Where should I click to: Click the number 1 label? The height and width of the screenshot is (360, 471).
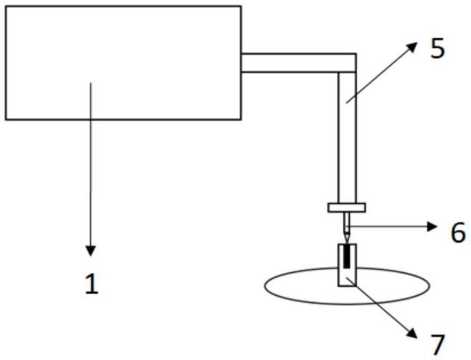coord(91,285)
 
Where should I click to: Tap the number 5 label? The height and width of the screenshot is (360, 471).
coord(437,49)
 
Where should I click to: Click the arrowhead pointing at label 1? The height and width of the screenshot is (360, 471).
coord(91,250)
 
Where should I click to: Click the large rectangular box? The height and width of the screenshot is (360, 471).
coord(123,62)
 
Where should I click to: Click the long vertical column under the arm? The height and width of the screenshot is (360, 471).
coord(347,141)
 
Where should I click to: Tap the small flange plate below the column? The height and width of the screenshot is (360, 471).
coord(346,207)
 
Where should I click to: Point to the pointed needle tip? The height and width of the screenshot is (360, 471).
coord(346,239)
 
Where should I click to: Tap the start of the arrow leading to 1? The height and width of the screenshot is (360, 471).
coord(91,84)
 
